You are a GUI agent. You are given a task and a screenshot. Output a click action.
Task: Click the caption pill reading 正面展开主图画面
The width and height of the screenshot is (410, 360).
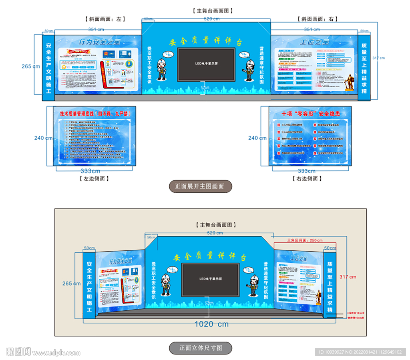[x=200, y=186]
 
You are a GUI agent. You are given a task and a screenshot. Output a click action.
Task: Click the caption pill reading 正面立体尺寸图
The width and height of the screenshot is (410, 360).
[x=200, y=348]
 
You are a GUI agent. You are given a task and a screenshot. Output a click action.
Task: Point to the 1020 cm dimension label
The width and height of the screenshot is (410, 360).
[x=211, y=324]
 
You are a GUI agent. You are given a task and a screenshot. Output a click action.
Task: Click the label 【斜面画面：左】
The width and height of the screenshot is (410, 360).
[x=105, y=19]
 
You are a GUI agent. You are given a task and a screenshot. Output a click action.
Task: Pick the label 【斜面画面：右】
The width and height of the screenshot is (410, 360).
[x=318, y=19]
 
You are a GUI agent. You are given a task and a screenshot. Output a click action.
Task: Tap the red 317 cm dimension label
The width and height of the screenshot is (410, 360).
[x=348, y=277]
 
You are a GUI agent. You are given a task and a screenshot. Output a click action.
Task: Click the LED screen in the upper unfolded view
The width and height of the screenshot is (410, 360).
[x=206, y=64]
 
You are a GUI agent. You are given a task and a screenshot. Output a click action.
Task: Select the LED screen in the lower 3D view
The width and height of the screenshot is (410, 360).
[x=210, y=280]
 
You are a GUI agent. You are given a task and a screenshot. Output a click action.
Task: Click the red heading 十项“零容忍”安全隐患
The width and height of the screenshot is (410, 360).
[x=311, y=114]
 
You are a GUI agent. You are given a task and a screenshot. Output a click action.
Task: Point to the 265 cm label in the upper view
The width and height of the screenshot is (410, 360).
[x=31, y=66]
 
